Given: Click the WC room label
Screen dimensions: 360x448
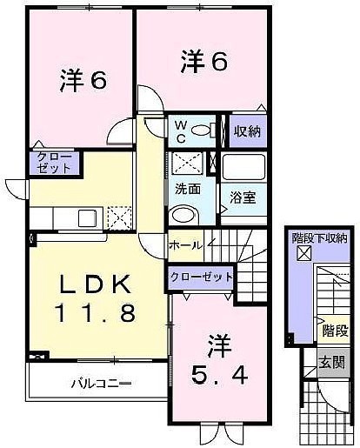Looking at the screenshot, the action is point(181,132).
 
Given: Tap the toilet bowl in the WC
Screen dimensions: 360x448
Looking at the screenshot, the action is point(202,130).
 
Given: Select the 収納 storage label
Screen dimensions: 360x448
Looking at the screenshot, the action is point(247,131).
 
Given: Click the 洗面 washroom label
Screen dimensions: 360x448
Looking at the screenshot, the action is point(188,190).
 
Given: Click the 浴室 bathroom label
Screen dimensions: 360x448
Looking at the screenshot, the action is point(243,197).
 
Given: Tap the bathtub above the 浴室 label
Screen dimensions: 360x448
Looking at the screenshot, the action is point(243,167).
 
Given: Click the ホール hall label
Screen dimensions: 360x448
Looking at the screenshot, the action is point(185,246).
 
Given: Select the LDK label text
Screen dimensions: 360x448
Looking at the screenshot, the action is point(95,284).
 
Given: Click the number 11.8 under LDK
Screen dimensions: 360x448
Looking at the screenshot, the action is point(96,313).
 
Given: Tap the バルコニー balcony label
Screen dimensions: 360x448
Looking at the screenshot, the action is point(101,384).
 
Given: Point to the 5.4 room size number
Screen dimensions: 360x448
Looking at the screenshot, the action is point(219,375).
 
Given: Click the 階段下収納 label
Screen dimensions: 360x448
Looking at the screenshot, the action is point(319,238).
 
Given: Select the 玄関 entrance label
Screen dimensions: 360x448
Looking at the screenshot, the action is point(331,362).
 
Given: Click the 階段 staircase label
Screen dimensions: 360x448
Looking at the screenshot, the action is point(336,331).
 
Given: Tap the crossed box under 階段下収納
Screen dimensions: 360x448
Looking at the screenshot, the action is point(303,252).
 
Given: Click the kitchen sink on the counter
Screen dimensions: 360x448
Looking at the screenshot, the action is point(88,218).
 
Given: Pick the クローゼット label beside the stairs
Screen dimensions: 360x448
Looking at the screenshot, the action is point(201,277).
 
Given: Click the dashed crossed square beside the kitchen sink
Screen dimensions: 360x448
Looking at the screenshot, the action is point(119,218).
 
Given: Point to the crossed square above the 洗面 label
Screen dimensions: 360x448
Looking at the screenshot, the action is point(187,164).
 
